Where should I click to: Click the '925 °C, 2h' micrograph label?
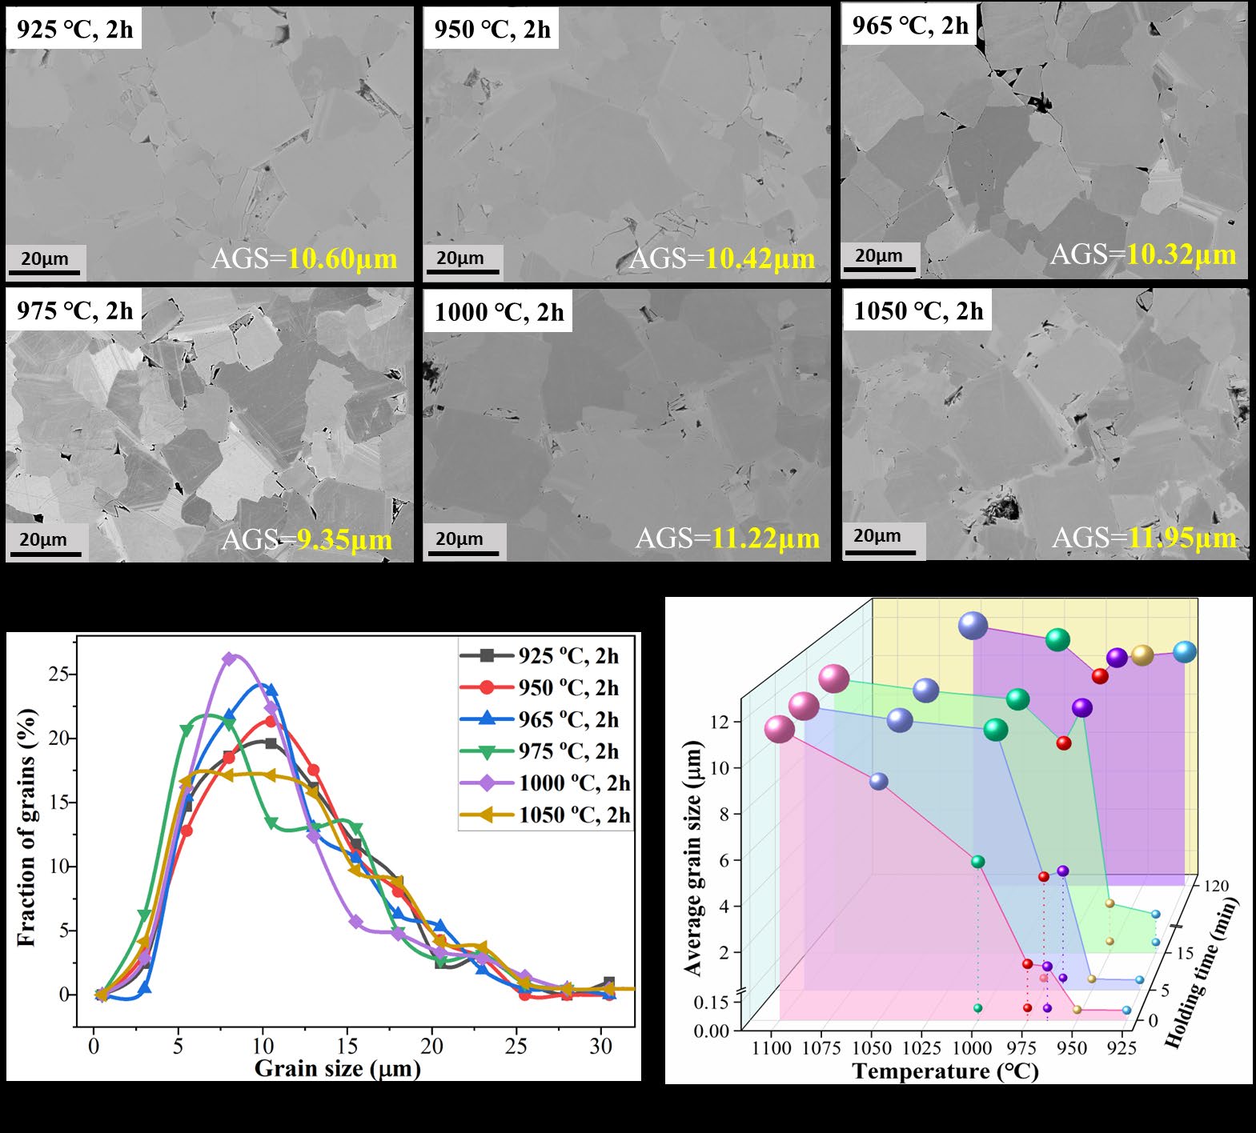pyautogui.click(x=74, y=30)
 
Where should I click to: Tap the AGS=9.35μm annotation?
pyautogui.click(x=307, y=540)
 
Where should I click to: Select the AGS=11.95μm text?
pyautogui.click(x=1144, y=538)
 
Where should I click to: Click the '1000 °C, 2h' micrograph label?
pyautogui.click(x=499, y=312)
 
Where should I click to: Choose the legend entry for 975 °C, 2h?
pyautogui.click(x=544, y=751)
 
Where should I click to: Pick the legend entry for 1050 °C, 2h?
pyautogui.click(x=544, y=815)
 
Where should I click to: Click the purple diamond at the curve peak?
pyautogui.click(x=230, y=659)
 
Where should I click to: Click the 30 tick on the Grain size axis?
pyautogui.click(x=600, y=1047)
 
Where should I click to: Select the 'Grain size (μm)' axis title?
pyautogui.click(x=337, y=1069)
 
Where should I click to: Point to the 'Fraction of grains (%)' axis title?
pyautogui.click(x=26, y=827)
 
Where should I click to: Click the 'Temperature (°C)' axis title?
pyautogui.click(x=945, y=1071)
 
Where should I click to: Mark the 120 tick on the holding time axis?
pyautogui.click(x=1214, y=886)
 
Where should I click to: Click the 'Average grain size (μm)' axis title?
pyautogui.click(x=692, y=858)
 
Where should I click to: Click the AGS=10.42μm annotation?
pyautogui.click(x=722, y=259)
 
